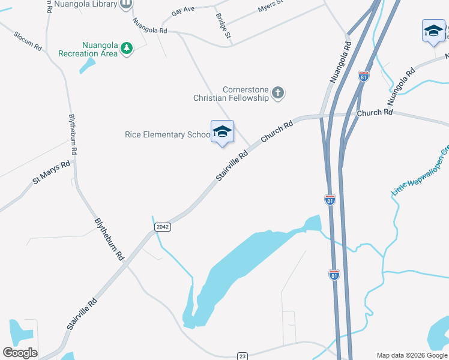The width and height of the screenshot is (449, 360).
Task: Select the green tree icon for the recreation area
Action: point(126,48)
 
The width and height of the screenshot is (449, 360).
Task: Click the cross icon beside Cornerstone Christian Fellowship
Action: point(277,92)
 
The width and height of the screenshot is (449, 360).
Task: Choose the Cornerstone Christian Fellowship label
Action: point(231,93)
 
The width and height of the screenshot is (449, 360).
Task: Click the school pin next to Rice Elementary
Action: point(222,132)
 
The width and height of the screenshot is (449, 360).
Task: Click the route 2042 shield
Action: point(162,227)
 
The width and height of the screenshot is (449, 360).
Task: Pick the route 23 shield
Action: point(243,356)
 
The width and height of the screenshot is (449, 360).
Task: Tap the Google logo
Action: point(20,353)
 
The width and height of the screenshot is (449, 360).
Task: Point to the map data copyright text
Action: point(412,355)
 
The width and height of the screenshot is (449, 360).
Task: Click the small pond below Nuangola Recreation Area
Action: point(88,65)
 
